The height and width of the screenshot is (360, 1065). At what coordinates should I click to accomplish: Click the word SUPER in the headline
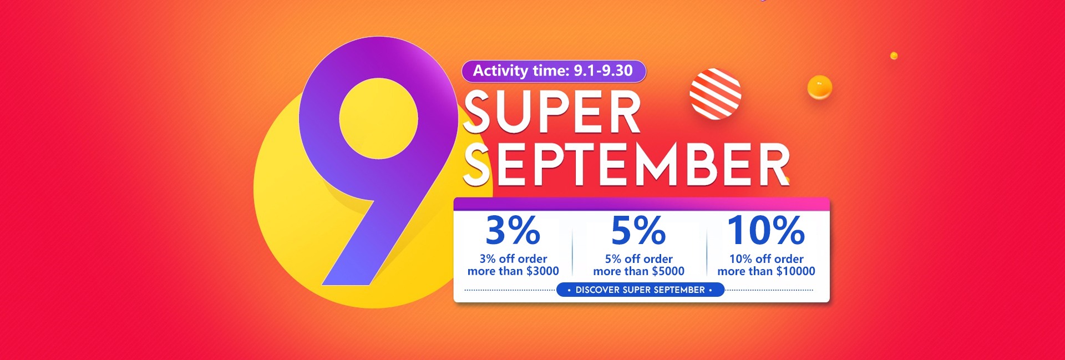[x=552, y=112]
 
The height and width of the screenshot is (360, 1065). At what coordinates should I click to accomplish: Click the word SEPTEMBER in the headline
[x=626, y=164]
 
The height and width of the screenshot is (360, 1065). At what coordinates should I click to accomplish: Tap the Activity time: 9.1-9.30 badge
[x=554, y=71]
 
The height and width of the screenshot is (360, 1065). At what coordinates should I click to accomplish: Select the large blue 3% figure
[x=513, y=230]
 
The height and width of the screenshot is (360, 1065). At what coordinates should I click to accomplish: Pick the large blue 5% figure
[x=638, y=230]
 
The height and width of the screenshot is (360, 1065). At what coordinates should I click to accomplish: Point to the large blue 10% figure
[x=766, y=230]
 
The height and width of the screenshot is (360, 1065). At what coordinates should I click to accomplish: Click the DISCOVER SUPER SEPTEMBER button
[x=640, y=290]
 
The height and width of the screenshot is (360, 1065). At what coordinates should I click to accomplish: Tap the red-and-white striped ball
[x=716, y=94]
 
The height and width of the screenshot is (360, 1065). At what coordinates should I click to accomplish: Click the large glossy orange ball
[x=819, y=87]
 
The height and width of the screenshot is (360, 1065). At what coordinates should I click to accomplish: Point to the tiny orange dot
[x=894, y=55]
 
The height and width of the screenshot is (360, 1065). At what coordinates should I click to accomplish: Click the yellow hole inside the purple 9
[x=378, y=118]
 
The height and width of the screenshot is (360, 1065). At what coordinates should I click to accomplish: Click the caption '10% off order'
[x=766, y=259]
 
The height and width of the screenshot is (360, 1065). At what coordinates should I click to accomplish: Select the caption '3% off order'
[x=513, y=259]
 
